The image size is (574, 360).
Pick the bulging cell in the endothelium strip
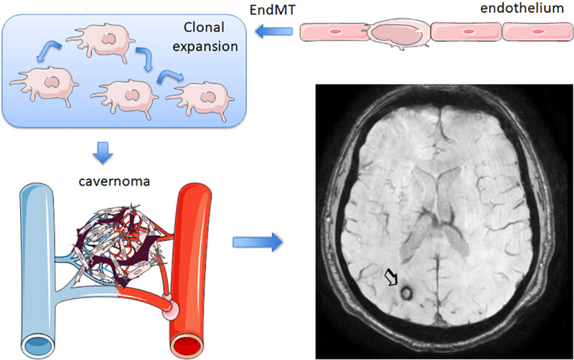396,32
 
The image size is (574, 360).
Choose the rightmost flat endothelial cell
537,32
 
